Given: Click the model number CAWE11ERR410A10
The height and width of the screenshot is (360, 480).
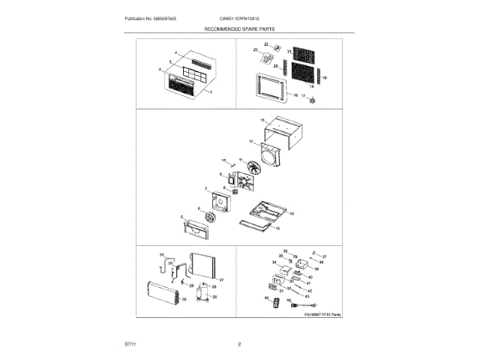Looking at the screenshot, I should tap(240, 18).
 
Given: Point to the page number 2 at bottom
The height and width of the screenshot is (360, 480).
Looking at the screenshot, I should tap(239, 344).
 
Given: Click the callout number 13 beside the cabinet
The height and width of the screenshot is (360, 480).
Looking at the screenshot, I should tap(262, 120).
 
